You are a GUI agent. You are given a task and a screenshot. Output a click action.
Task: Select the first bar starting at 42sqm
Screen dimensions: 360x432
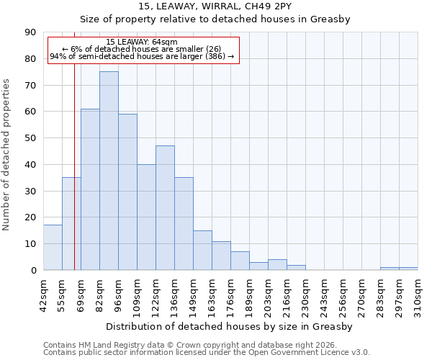pyautogui.click(x=53, y=248)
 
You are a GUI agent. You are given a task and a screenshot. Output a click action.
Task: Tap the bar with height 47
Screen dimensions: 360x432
pyautogui.click(x=165, y=208)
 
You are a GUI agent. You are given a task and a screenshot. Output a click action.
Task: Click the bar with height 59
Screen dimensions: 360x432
pyautogui.click(x=127, y=192)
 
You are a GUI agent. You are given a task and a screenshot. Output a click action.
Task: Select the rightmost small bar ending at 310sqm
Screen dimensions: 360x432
pyautogui.click(x=408, y=269)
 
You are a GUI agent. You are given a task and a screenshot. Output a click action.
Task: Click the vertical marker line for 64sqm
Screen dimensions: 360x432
pyautogui.click(x=74, y=180)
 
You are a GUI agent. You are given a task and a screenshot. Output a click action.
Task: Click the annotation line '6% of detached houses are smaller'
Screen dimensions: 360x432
pyautogui.click(x=142, y=49)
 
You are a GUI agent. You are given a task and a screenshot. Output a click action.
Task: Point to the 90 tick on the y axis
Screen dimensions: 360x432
pyautogui.click(x=30, y=32)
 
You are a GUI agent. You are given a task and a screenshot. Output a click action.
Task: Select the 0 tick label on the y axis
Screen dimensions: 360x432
pyautogui.click(x=33, y=270)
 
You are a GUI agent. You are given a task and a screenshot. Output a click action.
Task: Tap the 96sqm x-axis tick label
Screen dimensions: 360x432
pyautogui.click(x=118, y=295)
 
